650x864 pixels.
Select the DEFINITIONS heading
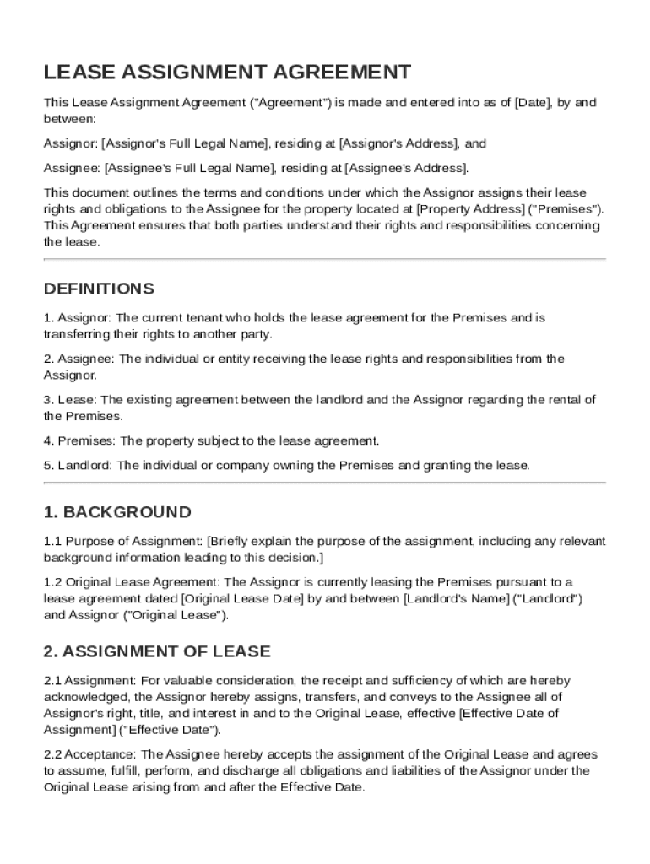pyautogui.click(x=99, y=289)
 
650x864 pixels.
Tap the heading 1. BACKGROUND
pyautogui.click(x=117, y=512)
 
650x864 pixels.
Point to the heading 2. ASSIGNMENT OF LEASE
pyautogui.click(x=157, y=651)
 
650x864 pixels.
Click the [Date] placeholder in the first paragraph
pyautogui.click(x=529, y=103)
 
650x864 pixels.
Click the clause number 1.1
pyautogui.click(x=52, y=541)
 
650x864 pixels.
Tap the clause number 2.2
pyautogui.click(x=52, y=754)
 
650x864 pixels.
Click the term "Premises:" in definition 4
pyautogui.click(x=88, y=440)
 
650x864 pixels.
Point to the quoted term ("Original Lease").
pyautogui.click(x=176, y=615)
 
